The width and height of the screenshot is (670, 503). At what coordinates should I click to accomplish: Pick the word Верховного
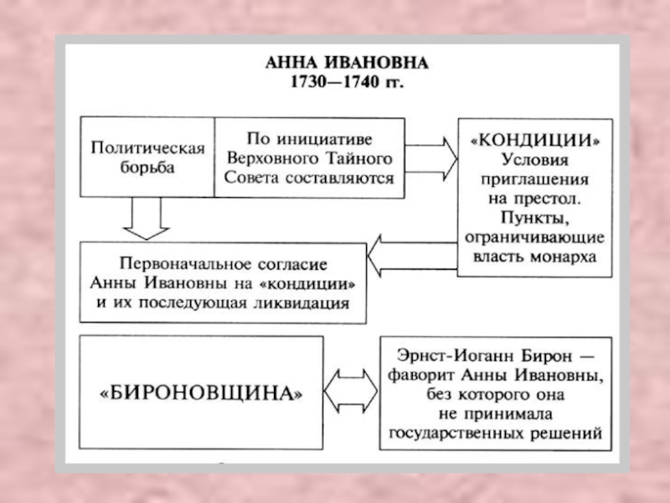[281, 157]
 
